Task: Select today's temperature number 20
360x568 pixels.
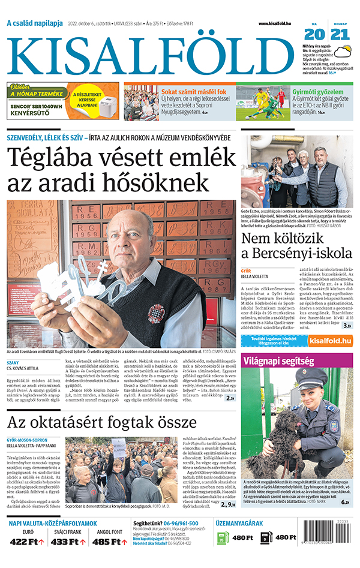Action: pos(314,35)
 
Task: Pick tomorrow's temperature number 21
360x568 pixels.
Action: pos(340,35)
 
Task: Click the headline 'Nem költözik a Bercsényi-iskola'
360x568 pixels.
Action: pos(297,246)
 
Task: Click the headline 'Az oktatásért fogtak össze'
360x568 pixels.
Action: pos(102,423)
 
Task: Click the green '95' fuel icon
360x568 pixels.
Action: pos(221,538)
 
